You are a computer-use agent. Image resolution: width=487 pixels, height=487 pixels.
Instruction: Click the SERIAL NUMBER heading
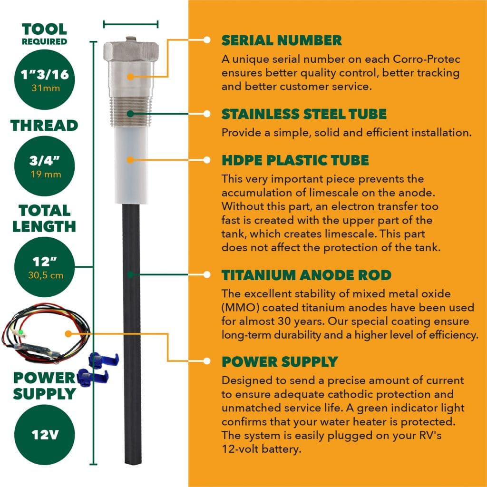282,40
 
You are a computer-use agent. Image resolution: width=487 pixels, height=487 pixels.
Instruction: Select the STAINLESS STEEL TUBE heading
304,114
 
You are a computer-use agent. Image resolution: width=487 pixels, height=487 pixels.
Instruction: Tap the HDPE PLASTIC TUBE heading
295,160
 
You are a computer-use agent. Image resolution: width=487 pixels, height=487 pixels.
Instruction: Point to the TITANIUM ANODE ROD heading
306,275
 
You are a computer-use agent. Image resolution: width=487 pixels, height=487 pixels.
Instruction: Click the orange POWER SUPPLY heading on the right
280,361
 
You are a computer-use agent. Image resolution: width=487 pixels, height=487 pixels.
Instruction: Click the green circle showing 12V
46,434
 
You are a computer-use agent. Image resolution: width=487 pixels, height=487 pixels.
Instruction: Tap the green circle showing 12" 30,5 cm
46,266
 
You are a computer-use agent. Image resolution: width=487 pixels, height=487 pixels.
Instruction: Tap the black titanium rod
132,333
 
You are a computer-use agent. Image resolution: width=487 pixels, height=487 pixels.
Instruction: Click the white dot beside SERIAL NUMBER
207,40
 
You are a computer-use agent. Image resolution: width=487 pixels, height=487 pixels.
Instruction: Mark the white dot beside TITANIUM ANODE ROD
207,274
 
